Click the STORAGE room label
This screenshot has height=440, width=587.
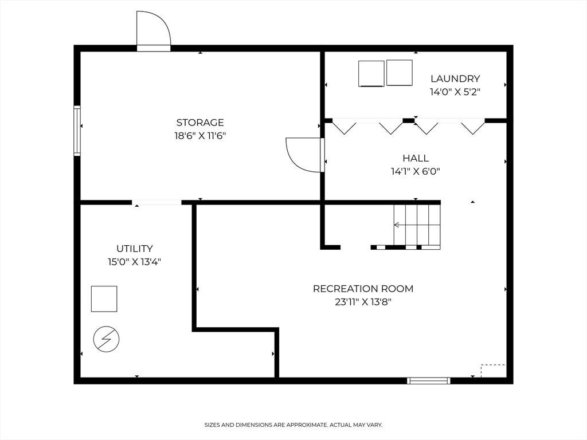tap(200, 123)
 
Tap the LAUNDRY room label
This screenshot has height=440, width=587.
tap(455, 78)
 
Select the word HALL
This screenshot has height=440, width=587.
tap(416, 158)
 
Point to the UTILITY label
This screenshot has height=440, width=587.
tap(134, 249)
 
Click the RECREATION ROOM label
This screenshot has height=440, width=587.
tap(363, 289)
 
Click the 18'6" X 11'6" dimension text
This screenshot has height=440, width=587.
tap(200, 135)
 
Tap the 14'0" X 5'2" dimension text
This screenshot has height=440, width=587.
tap(455, 92)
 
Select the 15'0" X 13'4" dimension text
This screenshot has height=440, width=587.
tap(134, 261)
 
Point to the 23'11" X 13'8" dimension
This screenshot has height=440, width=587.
tap(363, 301)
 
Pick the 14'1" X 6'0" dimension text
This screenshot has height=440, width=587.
tap(416, 171)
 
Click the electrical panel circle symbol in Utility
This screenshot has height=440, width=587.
tap(106, 339)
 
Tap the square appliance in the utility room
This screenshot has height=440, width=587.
tap(104, 299)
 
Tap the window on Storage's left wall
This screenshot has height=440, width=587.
tap(77, 131)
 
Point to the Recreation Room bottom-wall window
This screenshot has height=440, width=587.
tap(429, 381)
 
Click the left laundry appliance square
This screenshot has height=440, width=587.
tap(371, 74)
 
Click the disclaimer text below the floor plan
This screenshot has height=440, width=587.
tap(293, 425)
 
